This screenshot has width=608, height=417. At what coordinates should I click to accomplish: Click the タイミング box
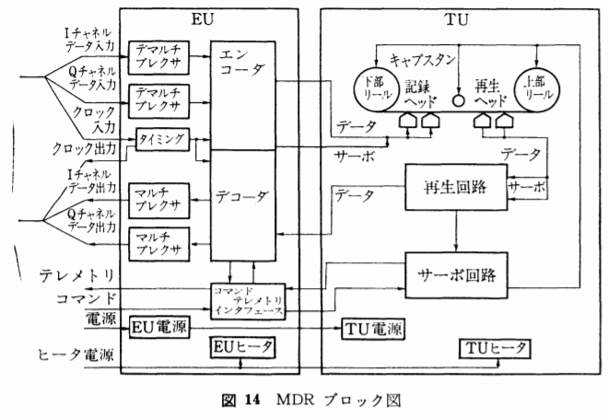click(162, 140)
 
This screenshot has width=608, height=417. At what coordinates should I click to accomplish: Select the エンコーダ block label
click(240, 63)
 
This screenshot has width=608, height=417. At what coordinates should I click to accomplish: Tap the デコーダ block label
click(240, 197)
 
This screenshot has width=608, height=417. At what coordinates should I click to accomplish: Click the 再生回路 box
click(456, 188)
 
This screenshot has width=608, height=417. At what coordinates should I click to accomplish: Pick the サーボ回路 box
click(456, 275)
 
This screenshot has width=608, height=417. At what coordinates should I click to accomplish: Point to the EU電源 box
click(159, 328)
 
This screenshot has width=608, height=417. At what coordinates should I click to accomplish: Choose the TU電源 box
click(372, 329)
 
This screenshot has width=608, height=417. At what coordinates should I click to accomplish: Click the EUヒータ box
click(242, 347)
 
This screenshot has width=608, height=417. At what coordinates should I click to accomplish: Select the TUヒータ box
click(494, 349)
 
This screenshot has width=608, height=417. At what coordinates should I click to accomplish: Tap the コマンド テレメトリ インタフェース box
click(248, 301)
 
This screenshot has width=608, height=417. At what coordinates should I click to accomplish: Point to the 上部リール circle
click(537, 89)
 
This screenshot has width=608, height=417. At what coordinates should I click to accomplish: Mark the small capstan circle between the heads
click(459, 100)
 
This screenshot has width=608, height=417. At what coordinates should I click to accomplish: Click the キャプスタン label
click(422, 60)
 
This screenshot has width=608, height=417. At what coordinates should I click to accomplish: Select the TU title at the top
click(456, 19)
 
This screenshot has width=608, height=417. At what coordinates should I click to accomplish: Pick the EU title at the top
click(203, 19)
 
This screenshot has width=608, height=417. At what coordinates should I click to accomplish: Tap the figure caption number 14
click(252, 400)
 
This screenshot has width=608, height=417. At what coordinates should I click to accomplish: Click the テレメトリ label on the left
click(76, 276)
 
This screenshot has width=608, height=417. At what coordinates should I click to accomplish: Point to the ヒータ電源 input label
click(76, 353)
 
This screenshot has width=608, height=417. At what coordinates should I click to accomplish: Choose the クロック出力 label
click(84, 148)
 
